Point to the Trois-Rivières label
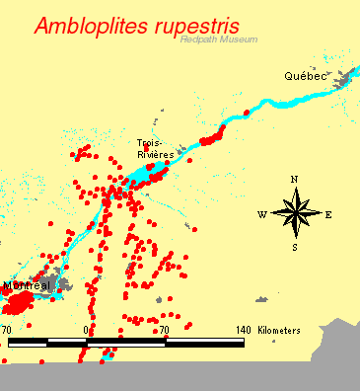[155, 149]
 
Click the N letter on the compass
[294, 180]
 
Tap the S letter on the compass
[294, 247]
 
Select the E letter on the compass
[328, 214]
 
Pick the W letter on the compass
[261, 214]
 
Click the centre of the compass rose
[294, 213]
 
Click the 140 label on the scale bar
[244, 330]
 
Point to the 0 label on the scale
[87, 330]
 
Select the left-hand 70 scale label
[7, 330]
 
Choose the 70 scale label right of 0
[165, 330]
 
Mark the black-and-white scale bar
[125, 343]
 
